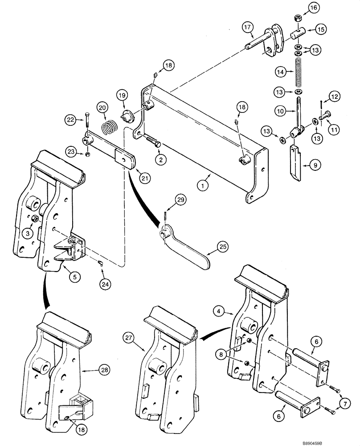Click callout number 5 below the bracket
click(74, 277)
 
